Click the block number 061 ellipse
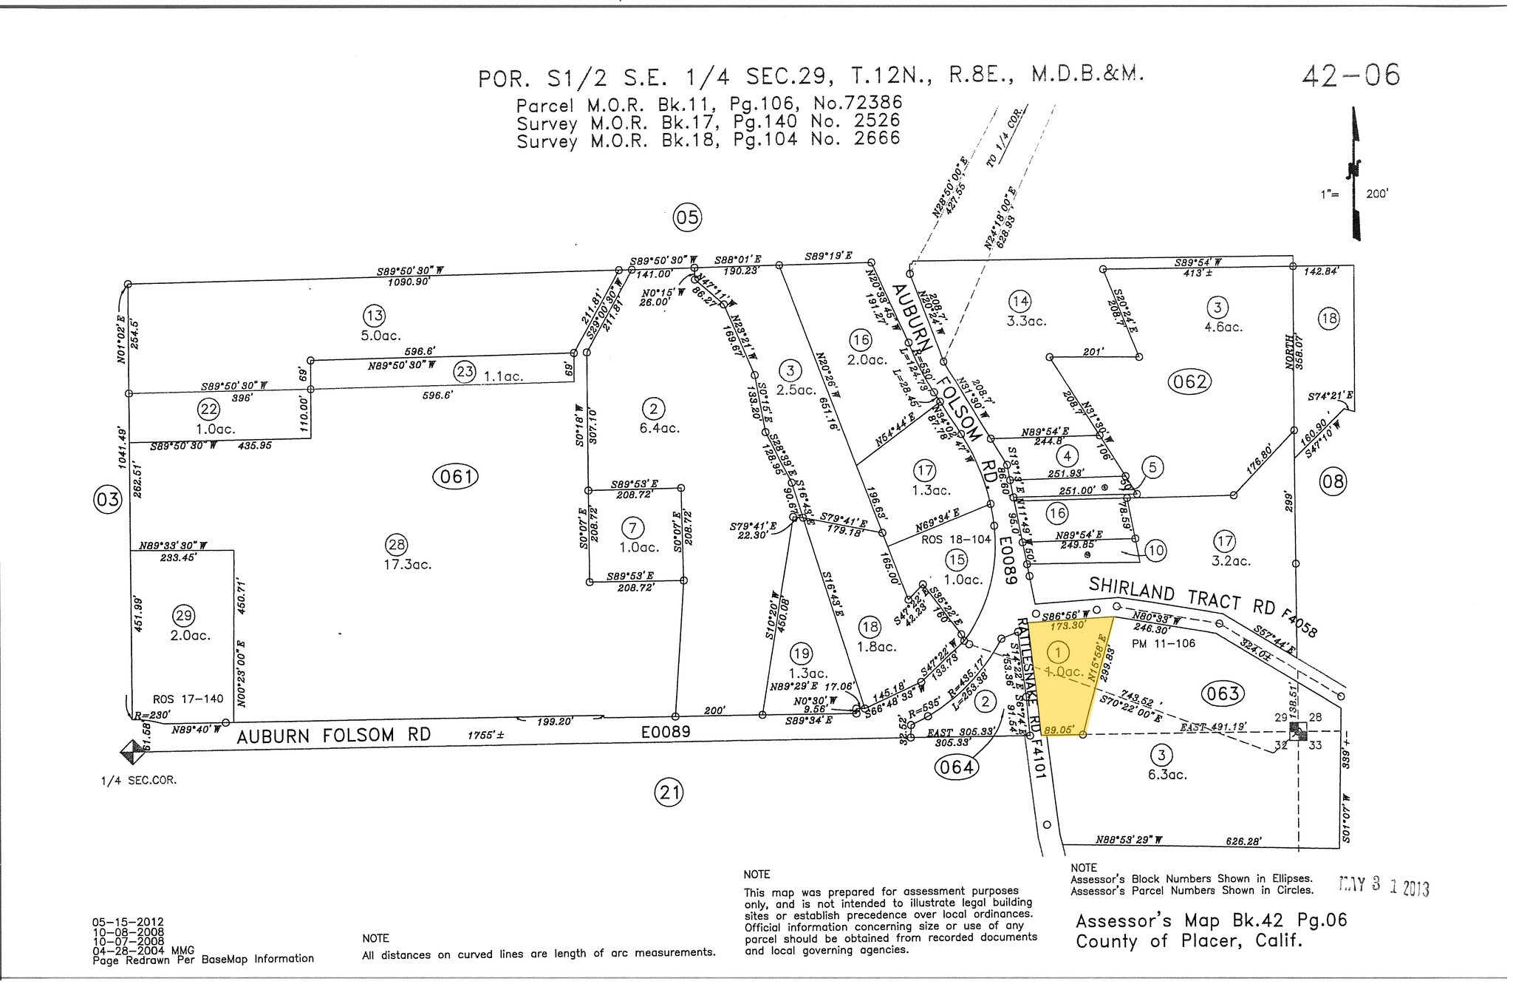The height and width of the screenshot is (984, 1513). [456, 477]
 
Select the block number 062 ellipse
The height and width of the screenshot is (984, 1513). [1190, 381]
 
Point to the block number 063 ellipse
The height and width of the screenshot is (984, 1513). [1223, 693]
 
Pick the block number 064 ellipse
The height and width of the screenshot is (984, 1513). [956, 767]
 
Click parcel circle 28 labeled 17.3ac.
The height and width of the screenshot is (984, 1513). [397, 546]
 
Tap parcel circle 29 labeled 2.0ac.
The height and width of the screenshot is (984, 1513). [183, 615]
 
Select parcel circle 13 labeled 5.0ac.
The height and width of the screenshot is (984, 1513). [375, 316]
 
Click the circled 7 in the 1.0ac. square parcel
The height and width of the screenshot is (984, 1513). [633, 528]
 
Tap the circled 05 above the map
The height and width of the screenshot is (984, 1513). [687, 218]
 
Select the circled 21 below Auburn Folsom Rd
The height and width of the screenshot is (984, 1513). [669, 794]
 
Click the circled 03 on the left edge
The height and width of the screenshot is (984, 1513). [107, 500]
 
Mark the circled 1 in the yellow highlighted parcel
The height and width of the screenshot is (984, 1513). [1059, 652]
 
